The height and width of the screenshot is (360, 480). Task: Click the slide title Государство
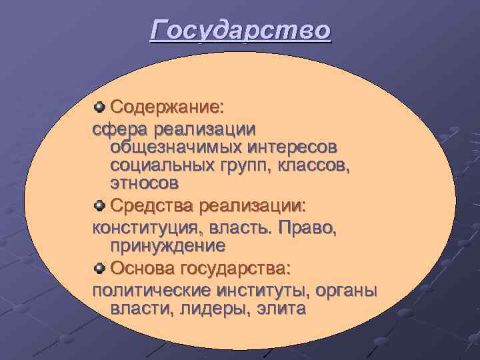pyautogui.click(x=240, y=31)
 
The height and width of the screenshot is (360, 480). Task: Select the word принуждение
pyautogui.click(x=167, y=246)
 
